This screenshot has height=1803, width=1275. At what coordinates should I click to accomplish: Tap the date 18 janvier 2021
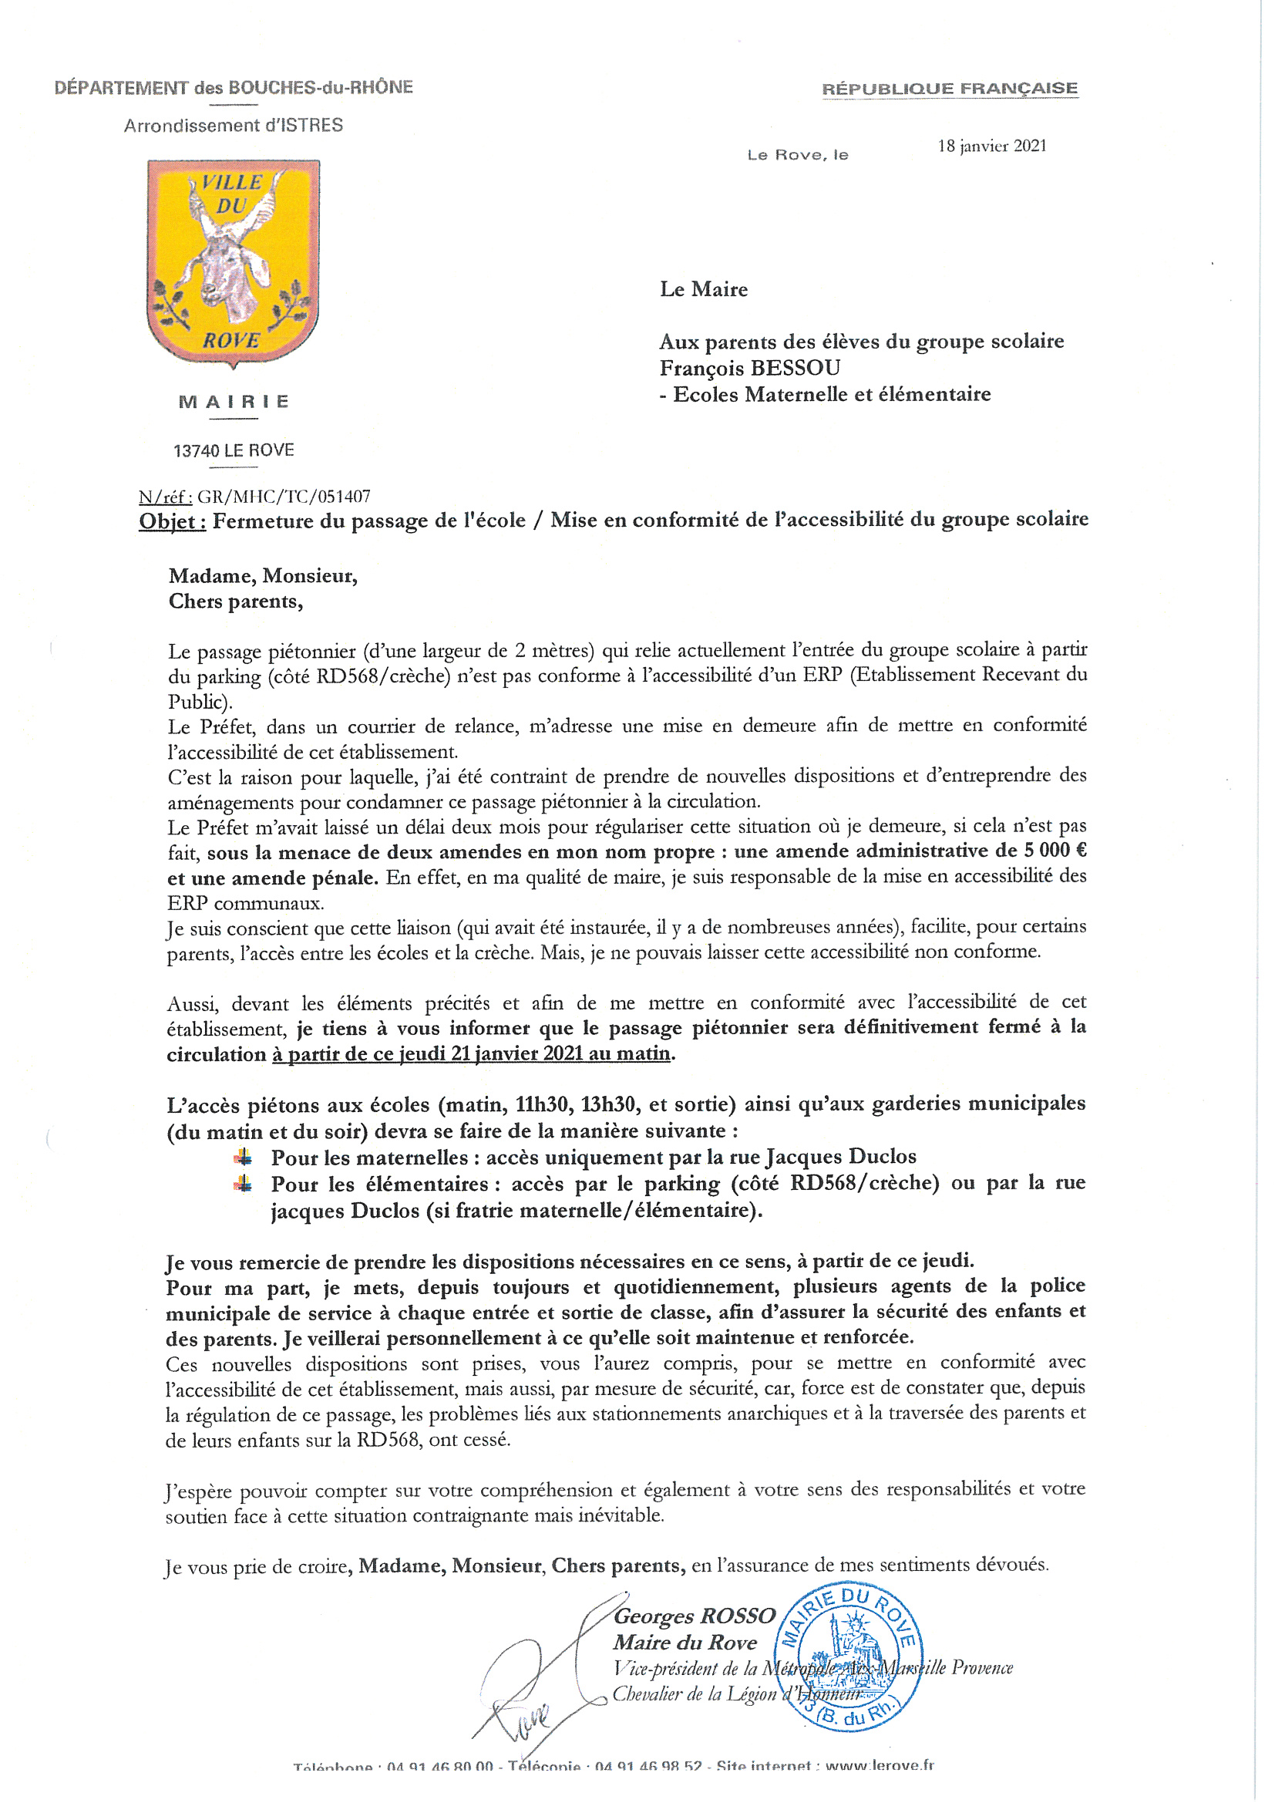tap(991, 146)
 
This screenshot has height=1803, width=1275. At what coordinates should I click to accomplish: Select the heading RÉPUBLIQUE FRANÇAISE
tap(949, 88)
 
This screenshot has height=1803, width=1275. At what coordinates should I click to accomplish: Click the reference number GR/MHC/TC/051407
tap(284, 497)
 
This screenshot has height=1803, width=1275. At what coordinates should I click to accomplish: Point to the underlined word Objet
tap(172, 521)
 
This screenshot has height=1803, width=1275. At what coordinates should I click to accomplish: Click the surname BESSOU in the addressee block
tap(795, 368)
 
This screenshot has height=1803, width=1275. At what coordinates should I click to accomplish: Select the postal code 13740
tap(197, 450)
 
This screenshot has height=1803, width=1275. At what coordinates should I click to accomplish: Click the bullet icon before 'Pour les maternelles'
tap(244, 1157)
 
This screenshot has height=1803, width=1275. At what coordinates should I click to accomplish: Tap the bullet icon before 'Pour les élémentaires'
tap(244, 1184)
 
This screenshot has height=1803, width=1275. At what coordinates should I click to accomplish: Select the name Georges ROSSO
tap(694, 1616)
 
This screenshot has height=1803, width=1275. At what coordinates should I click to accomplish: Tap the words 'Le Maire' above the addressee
tap(704, 289)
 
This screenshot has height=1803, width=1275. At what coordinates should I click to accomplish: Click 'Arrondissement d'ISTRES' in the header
tap(233, 126)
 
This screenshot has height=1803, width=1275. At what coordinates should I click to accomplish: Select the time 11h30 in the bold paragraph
tap(543, 1105)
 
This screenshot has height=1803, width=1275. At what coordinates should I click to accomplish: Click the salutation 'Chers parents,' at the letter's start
tap(236, 602)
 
